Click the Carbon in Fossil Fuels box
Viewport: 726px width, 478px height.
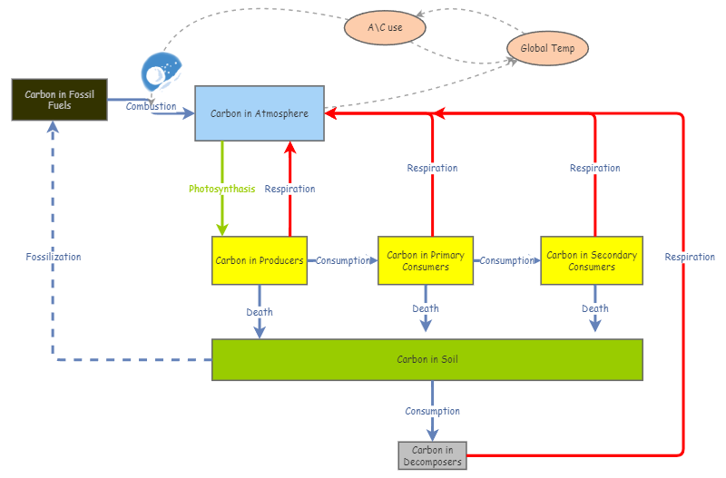click(59, 100)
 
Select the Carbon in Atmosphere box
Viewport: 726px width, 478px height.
click(260, 113)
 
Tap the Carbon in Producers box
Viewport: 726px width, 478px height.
click(259, 260)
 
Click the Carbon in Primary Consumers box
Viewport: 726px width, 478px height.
click(426, 260)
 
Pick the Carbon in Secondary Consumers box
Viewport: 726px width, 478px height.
click(592, 260)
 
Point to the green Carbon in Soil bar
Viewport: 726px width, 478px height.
click(427, 359)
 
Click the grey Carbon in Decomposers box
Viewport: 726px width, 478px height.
click(432, 455)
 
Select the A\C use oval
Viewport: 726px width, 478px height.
click(385, 27)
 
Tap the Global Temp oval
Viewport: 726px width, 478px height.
click(547, 48)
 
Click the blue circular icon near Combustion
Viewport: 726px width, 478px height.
click(162, 73)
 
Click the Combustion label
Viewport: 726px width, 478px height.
click(151, 107)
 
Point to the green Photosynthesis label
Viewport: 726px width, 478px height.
click(221, 189)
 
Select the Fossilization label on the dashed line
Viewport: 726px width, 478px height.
click(54, 257)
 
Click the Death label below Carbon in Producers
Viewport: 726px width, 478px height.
click(260, 312)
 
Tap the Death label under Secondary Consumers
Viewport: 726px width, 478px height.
click(595, 308)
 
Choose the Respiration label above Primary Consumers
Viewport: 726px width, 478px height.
click(432, 168)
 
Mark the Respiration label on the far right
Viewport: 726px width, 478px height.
click(690, 257)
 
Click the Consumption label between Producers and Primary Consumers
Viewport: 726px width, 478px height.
click(343, 260)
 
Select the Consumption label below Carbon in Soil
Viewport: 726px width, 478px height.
click(433, 411)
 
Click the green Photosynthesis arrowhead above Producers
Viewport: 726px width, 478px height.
click(221, 229)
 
